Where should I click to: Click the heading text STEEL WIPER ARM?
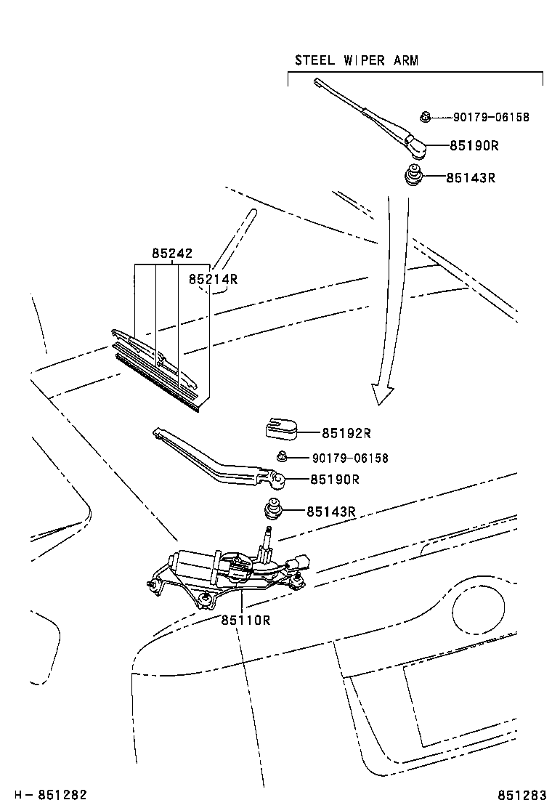tap(356, 60)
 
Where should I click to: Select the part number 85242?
tap(172, 254)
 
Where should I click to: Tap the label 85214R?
tap(214, 279)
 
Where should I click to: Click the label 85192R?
tap(346, 433)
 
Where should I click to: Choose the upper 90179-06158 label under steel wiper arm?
tap(491, 117)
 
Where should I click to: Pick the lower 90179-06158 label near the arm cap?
tap(350, 458)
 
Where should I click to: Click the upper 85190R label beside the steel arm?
tap(474, 145)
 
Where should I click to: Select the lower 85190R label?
tap(335, 480)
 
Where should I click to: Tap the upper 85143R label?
tap(471, 177)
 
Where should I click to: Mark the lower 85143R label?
tap(330, 512)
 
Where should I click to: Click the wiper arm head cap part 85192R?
tap(280, 429)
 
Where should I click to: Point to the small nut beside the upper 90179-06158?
tap(427, 116)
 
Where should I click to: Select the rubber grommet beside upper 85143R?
tap(413, 176)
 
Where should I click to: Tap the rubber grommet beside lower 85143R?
tap(275, 509)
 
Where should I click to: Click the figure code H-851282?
tap(45, 794)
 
